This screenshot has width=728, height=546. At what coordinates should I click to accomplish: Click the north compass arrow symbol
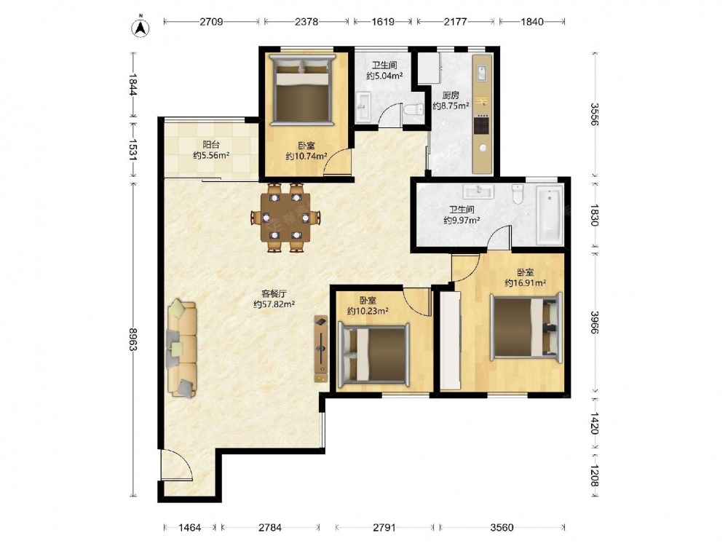click(x=140, y=28)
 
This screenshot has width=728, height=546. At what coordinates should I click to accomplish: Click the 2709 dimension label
click(x=211, y=22)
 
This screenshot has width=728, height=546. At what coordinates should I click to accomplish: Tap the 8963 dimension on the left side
click(x=133, y=339)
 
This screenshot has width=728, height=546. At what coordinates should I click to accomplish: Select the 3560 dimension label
click(x=502, y=527)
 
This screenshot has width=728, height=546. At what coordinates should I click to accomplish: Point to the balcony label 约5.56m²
click(x=211, y=156)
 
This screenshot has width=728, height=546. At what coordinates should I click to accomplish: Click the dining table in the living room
click(x=285, y=217)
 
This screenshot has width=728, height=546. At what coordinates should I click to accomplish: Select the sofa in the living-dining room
click(x=181, y=348)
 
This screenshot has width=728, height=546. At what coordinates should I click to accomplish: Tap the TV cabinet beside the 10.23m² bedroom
click(x=321, y=349)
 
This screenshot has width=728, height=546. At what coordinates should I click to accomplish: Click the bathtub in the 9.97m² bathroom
click(x=550, y=215)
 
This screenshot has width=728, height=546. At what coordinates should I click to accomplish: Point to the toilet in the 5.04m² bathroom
click(x=414, y=110)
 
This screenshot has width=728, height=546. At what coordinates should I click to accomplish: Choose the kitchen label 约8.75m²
click(x=451, y=106)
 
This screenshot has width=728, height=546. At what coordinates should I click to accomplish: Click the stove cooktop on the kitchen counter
click(x=481, y=124)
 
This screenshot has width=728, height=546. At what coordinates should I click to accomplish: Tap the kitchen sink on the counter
click(x=482, y=74)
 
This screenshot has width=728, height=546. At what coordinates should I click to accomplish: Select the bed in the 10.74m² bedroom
click(x=302, y=90)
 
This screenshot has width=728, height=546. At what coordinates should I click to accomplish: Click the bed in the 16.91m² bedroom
click(x=527, y=326)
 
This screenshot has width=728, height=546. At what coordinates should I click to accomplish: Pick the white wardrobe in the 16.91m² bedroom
click(x=450, y=340)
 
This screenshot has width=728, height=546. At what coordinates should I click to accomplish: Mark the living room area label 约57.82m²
click(x=274, y=304)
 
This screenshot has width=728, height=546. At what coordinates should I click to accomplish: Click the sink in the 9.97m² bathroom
click(x=478, y=191)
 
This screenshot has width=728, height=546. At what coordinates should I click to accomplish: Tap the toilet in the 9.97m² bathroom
click(x=517, y=194)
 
